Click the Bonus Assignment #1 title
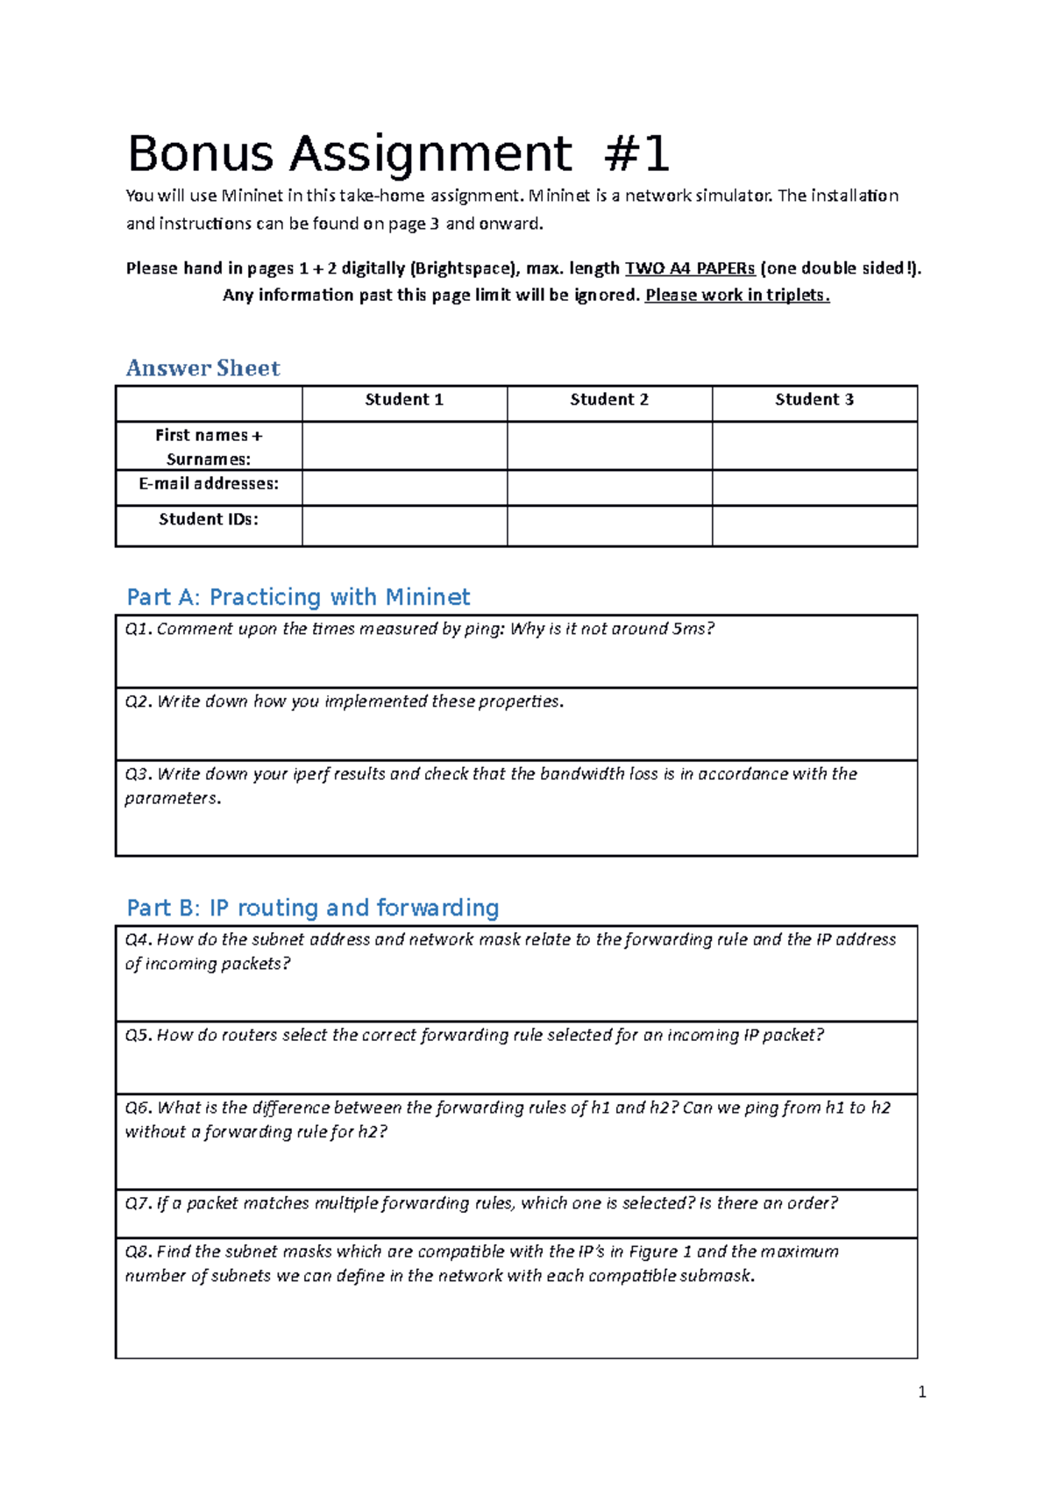pos(398,154)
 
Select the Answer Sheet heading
pos(203,368)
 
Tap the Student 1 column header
pos(404,400)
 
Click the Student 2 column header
pos(609,400)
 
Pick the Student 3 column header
pos(814,400)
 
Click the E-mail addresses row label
pos(209,484)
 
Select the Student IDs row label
pos(209,520)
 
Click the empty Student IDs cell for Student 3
pos(814,525)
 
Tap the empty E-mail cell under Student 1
pos(404,488)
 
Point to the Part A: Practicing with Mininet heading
pos(298,597)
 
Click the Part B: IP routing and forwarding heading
pos(312,908)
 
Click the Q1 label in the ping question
pos(138,630)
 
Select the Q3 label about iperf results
pos(138,774)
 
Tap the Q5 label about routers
pos(138,1036)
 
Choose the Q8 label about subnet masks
pos(138,1252)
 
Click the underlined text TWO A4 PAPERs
pos(689,269)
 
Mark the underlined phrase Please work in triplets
pos(736,296)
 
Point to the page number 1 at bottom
pos(921,1393)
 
